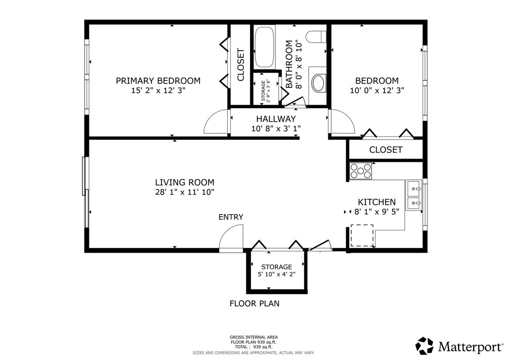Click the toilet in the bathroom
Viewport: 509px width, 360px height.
[316, 37]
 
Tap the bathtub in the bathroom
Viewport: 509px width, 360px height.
[264, 47]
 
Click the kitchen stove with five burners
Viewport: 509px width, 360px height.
[361, 170]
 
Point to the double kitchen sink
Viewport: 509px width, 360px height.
[414, 195]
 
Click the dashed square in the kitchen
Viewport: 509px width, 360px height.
[362, 235]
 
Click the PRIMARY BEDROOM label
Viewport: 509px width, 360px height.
[158, 81]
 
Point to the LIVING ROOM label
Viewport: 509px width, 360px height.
[185, 182]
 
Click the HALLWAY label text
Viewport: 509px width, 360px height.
[276, 119]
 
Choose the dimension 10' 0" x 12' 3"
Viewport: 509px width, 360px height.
[377, 91]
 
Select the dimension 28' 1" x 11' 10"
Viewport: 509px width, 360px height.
[185, 192]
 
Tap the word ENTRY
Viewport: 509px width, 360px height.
[231, 217]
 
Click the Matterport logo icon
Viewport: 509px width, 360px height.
[424, 346]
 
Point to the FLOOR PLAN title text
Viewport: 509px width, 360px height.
[255, 304]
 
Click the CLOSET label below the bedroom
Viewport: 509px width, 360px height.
[386, 150]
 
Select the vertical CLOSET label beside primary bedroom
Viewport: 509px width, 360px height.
[241, 64]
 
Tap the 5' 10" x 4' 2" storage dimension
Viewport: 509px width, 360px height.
[277, 274]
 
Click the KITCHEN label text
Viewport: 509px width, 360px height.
[377, 202]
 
